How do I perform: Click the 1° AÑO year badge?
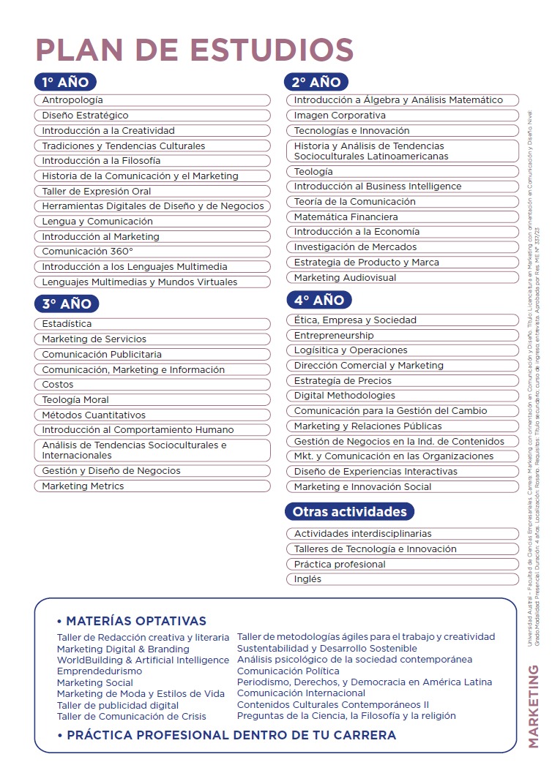pos(66,82)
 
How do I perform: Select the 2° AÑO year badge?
pos(316,82)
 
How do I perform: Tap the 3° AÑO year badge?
pos(66,304)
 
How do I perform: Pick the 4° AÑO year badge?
pos(318,300)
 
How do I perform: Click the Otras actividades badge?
pos(349,511)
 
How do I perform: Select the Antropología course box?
pos(152,100)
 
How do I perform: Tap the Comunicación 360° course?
pos(152,252)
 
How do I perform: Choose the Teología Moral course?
pos(152,400)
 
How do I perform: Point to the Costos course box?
pos(152,385)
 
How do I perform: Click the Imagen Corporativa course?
pos(402,116)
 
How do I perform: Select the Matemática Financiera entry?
pos(402,217)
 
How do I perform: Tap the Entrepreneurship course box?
pos(402,336)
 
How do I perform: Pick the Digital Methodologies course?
pos(402,396)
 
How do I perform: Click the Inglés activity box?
pos(402,579)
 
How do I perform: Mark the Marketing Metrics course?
pos(152,486)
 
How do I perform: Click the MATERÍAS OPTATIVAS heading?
pos(135,621)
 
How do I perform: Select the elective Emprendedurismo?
pos(100,671)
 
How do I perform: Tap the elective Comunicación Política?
pos(288,671)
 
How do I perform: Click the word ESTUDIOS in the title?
pos(272,50)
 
